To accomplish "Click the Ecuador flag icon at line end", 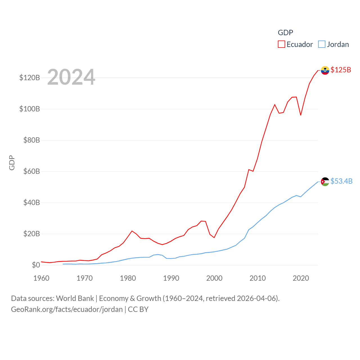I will click(x=325, y=70).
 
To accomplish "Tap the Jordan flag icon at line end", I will click(x=325, y=182).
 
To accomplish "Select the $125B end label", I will click(x=341, y=70).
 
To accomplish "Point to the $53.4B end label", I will click(x=341, y=181).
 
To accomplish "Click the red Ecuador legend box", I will click(x=281, y=44).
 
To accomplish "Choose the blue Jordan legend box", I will click(x=322, y=44).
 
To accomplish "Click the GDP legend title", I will click(x=285, y=33).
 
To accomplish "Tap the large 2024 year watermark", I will click(x=71, y=77).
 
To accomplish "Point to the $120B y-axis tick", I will click(x=30, y=78).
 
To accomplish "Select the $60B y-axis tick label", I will click(x=31, y=171).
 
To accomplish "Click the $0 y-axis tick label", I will click(x=36, y=265).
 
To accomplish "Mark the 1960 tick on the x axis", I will click(x=41, y=278).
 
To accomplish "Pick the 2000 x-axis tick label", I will click(x=214, y=278).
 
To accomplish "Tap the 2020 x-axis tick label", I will click(x=301, y=278).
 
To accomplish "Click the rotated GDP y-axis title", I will click(x=12, y=163).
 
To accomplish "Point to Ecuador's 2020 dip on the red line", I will click(x=301, y=115).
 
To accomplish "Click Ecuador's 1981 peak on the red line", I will click(x=132, y=231).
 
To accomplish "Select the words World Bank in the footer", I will click(x=75, y=298).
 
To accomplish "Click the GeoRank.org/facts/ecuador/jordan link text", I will click(x=67, y=309).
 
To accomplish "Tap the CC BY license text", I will click(x=138, y=309).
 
